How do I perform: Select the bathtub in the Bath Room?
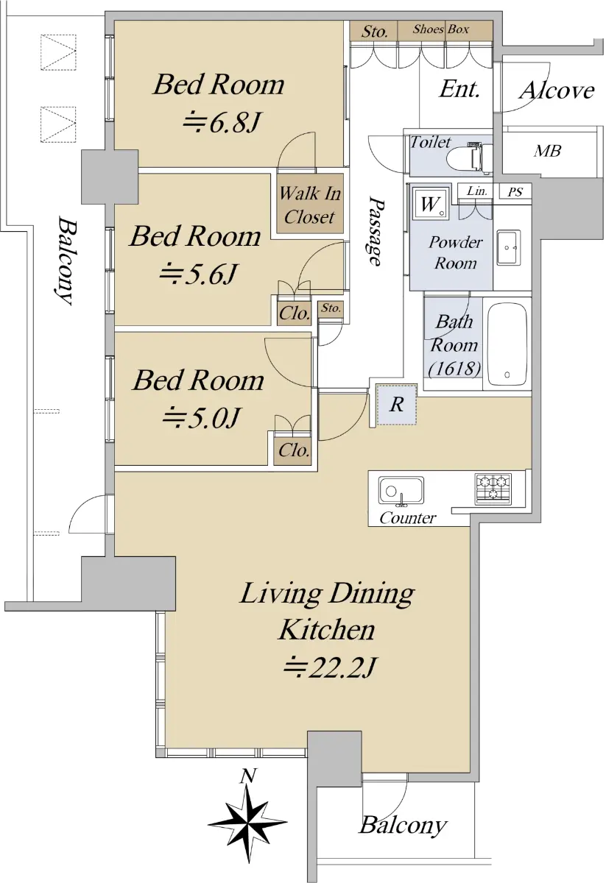coord(507,345)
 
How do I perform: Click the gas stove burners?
coord(493,489)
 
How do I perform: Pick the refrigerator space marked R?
coord(396,405)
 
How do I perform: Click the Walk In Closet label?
coord(310,205)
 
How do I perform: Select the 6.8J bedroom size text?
coord(222,122)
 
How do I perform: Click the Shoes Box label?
coord(440,29)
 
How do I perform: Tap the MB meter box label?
coord(547,151)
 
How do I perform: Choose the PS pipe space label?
coord(515,192)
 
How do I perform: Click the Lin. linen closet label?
coord(477,191)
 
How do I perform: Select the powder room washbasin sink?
coord(508,248)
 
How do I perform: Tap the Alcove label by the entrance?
coord(556,91)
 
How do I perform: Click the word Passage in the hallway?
coord(376,231)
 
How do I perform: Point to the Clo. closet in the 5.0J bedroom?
coord(294,450)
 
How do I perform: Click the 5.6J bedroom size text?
coord(198,274)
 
